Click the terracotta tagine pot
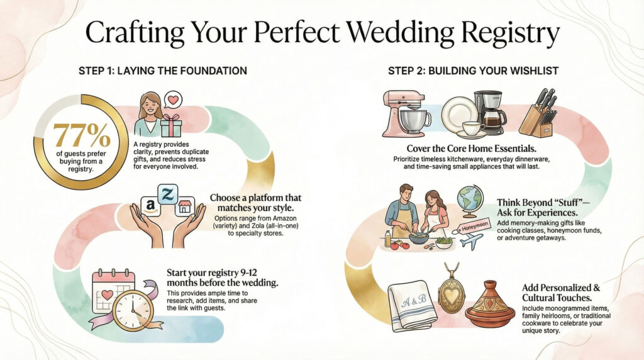491,305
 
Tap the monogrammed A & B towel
411,305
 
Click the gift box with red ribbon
170,126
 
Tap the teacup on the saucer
473,128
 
